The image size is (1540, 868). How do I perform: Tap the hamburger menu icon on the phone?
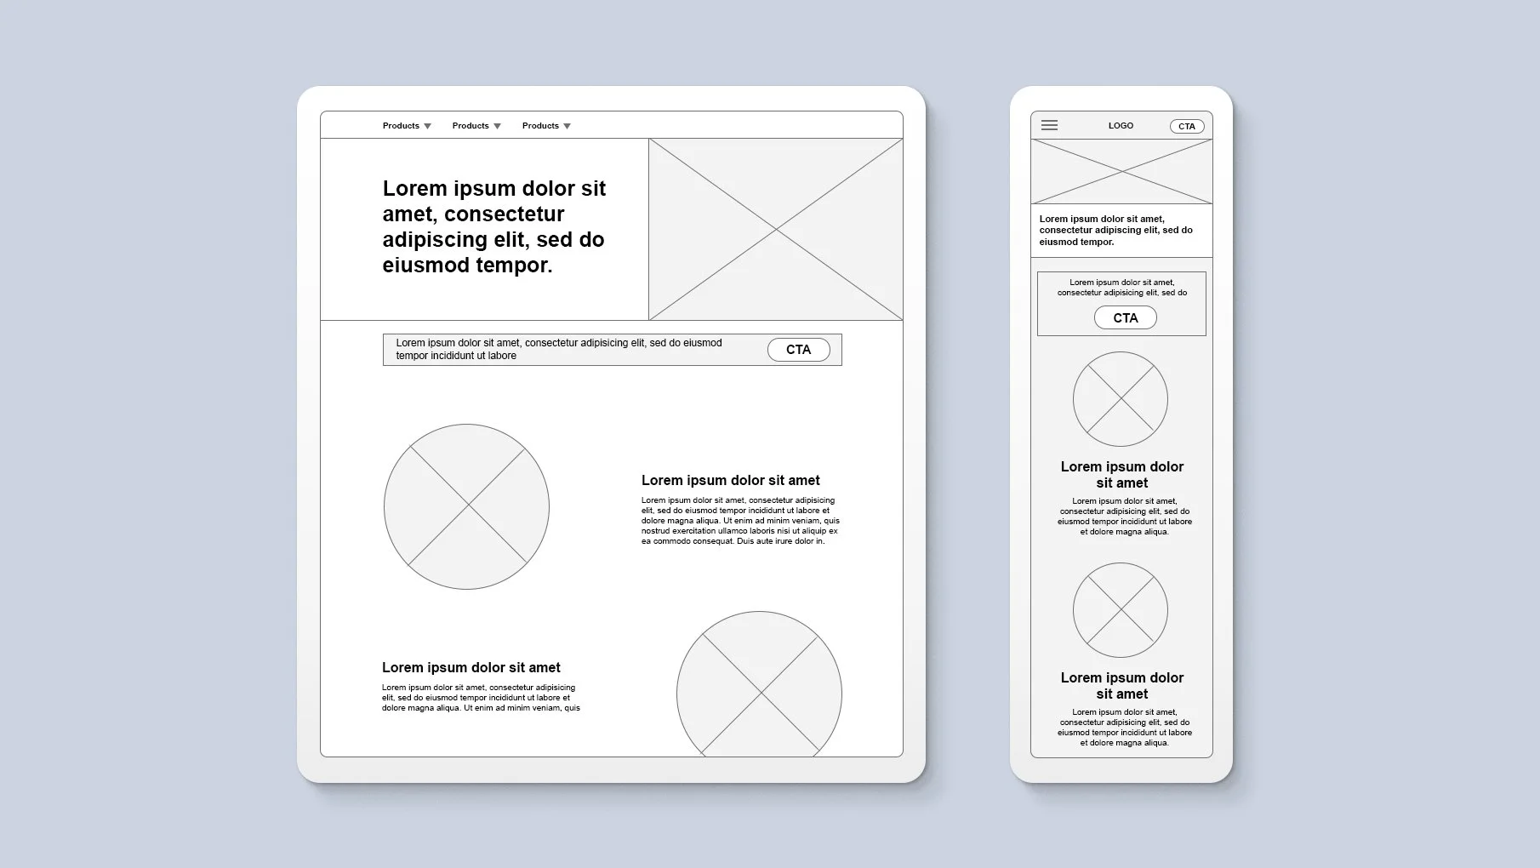(1049, 125)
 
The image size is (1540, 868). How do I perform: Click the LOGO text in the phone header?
(1121, 125)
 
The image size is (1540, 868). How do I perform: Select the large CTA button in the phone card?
(1125, 317)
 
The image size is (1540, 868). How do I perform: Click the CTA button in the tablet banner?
(798, 350)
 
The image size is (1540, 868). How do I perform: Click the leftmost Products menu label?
(401, 126)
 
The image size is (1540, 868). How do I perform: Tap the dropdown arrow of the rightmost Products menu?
(568, 127)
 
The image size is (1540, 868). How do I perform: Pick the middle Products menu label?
(471, 126)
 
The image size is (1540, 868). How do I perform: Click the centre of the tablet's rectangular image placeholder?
(775, 229)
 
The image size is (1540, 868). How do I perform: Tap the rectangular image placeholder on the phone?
(1121, 171)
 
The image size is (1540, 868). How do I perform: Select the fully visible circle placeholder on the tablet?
(466, 506)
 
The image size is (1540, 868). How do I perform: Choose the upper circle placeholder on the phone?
(1120, 398)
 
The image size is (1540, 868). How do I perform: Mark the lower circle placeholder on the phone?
(1120, 609)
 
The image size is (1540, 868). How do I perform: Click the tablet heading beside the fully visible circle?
(730, 481)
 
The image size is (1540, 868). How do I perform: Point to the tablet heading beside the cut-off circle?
(471, 668)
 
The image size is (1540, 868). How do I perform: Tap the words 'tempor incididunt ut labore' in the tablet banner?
(456, 356)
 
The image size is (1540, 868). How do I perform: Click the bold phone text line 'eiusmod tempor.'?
(1076, 242)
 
